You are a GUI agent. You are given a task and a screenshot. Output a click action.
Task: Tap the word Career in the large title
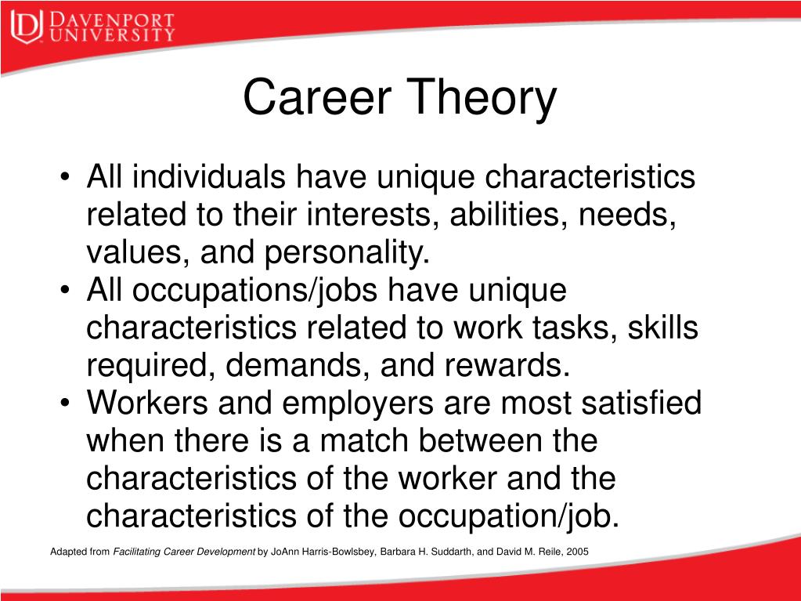pyautogui.click(x=317, y=96)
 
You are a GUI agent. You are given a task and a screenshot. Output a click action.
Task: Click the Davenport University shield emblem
pyautogui.click(x=27, y=27)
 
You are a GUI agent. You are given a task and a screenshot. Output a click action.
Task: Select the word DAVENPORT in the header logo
pyautogui.click(x=112, y=20)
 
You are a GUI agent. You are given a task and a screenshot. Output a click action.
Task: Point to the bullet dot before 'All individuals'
pyautogui.click(x=64, y=178)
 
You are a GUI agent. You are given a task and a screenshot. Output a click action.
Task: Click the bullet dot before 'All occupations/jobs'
pyautogui.click(x=64, y=290)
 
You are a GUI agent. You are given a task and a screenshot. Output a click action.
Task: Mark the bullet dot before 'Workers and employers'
pyautogui.click(x=64, y=404)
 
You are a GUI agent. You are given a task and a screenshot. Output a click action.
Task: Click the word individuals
pyautogui.click(x=208, y=177)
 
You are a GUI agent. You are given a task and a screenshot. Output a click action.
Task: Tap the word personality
pyautogui.click(x=348, y=253)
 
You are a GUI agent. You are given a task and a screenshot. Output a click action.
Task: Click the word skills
pyautogui.click(x=662, y=327)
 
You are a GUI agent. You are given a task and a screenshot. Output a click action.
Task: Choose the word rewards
pyautogui.click(x=507, y=365)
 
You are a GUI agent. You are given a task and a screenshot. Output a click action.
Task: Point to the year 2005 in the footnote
pyautogui.click(x=577, y=552)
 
